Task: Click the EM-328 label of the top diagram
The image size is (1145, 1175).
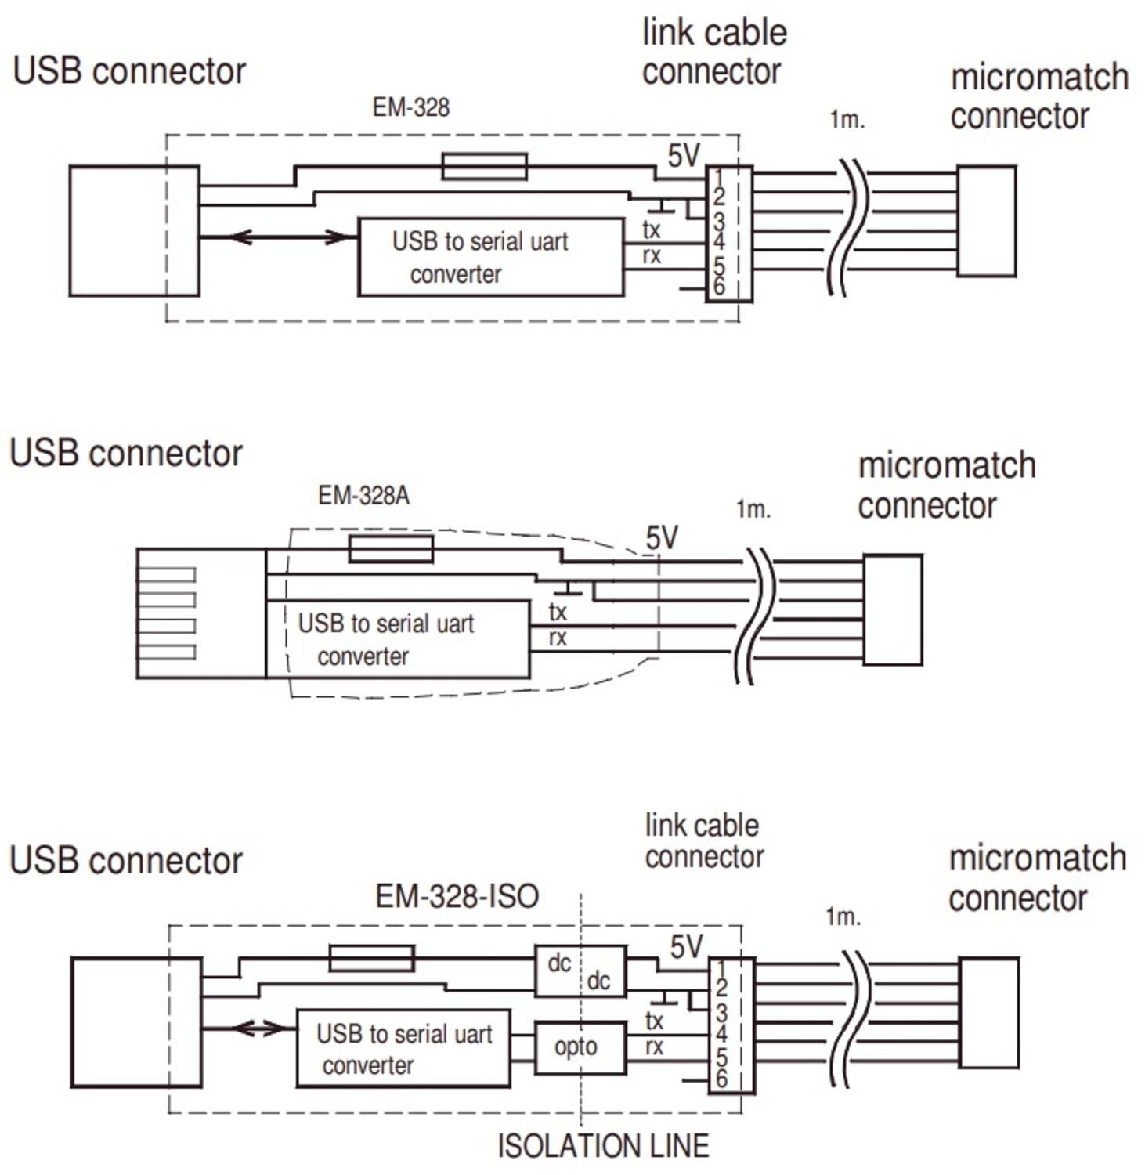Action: click(410, 107)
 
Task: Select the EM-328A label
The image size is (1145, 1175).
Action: click(363, 495)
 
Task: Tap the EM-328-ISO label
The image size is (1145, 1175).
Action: click(457, 896)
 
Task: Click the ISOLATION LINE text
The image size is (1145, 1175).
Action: click(603, 1146)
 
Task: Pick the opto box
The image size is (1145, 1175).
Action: click(580, 1047)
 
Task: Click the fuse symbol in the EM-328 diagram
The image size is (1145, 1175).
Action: click(484, 166)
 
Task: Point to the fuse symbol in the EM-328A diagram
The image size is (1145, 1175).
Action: click(391, 549)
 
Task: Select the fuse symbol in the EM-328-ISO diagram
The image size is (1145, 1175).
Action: click(371, 958)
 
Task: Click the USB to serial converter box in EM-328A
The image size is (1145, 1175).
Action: click(398, 639)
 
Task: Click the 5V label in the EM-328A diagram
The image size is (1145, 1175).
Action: click(662, 538)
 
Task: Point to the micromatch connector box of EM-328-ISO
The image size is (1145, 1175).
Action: click(988, 1012)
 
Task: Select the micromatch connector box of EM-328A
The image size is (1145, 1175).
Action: click(892, 610)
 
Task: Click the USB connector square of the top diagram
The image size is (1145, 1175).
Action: click(134, 231)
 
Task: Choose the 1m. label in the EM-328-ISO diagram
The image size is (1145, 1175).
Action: click(843, 916)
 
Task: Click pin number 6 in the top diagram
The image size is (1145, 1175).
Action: click(718, 287)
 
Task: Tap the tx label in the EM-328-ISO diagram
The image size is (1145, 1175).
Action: click(654, 1021)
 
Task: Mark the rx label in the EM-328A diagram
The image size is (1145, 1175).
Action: click(558, 638)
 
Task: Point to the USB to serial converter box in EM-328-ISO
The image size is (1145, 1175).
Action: click(403, 1048)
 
